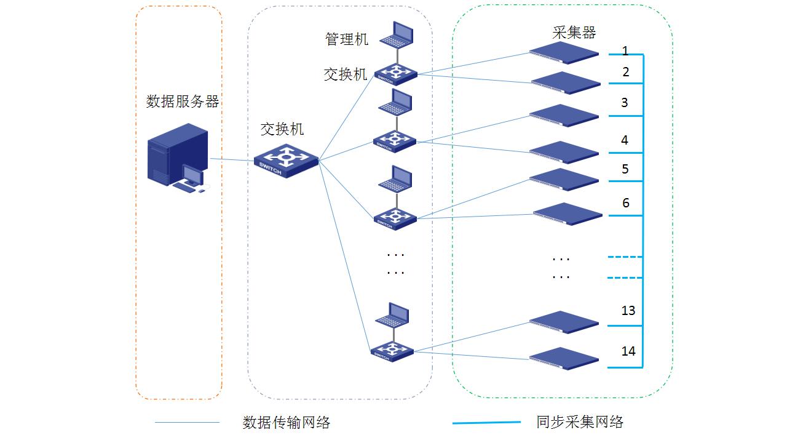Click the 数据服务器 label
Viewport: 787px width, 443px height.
183,102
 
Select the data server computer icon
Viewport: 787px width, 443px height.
178,158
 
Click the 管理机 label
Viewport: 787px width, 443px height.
347,39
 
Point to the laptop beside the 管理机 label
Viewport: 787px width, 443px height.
397,35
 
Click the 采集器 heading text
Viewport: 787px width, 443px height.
574,33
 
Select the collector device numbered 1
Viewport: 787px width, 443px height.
564,54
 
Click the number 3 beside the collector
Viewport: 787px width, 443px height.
625,103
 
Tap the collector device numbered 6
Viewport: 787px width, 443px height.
568,214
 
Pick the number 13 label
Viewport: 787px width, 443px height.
628,311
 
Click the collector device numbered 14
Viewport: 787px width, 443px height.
564,358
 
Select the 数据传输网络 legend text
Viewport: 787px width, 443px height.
287,423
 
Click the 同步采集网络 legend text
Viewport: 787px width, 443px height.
580,422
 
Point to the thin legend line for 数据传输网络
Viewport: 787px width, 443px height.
187,423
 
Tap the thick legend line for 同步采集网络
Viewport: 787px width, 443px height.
486,423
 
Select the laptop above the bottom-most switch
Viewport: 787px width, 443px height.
393,316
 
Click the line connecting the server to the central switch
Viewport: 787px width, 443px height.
232,161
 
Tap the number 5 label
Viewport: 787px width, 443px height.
625,169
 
